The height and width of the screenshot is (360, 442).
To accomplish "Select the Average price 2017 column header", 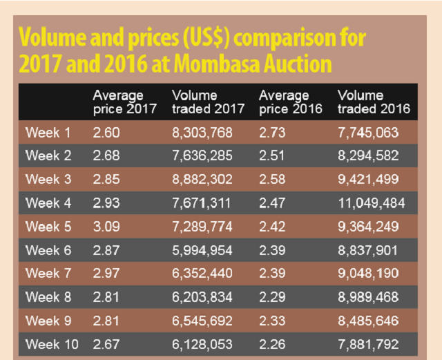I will coord(124,102).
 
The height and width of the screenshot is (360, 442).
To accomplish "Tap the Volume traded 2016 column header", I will coord(374,102).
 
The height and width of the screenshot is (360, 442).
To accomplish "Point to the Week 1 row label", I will coord(48,132).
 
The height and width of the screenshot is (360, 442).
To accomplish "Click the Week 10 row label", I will coord(51,343).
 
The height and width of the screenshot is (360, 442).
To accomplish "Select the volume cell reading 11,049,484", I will coord(371,202).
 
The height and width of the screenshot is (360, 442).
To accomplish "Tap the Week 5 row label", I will coord(48,226).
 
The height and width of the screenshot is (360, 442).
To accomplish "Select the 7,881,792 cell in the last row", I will coord(368,343).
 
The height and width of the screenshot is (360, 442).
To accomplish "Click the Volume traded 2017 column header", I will coord(208,102).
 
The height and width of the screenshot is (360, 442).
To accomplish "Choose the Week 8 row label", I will coord(48,296).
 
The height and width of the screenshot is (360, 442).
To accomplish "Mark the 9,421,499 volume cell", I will coord(368,179).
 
